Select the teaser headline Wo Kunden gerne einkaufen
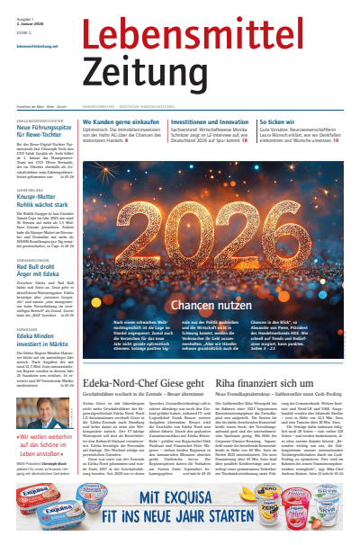coord(127,121)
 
